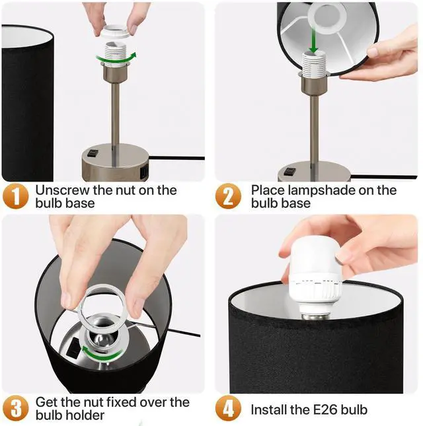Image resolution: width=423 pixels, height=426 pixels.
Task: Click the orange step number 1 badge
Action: (x=16, y=196)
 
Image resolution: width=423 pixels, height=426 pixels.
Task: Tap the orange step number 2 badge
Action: (x=228, y=196)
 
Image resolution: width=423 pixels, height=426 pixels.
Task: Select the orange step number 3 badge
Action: (x=16, y=408)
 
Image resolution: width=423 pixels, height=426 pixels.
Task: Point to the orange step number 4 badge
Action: (x=228, y=408)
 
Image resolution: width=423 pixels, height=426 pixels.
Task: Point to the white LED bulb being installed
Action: (x=315, y=277)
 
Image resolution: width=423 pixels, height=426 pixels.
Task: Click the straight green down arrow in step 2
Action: (x=313, y=42)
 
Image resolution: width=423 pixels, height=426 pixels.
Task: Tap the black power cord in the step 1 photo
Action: (x=176, y=158)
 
